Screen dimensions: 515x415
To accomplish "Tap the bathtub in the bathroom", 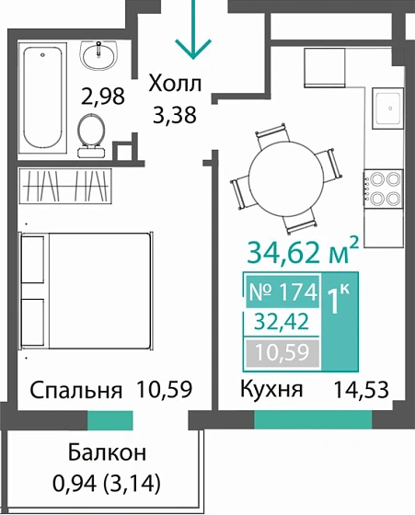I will point(40,96).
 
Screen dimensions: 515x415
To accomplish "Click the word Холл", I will point(176,86).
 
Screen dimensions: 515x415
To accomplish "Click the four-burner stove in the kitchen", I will point(381,188).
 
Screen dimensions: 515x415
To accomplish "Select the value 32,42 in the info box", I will point(282,323).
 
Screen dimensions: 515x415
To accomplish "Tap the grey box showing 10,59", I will point(282,352).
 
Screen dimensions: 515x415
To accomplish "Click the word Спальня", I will point(76,389).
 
